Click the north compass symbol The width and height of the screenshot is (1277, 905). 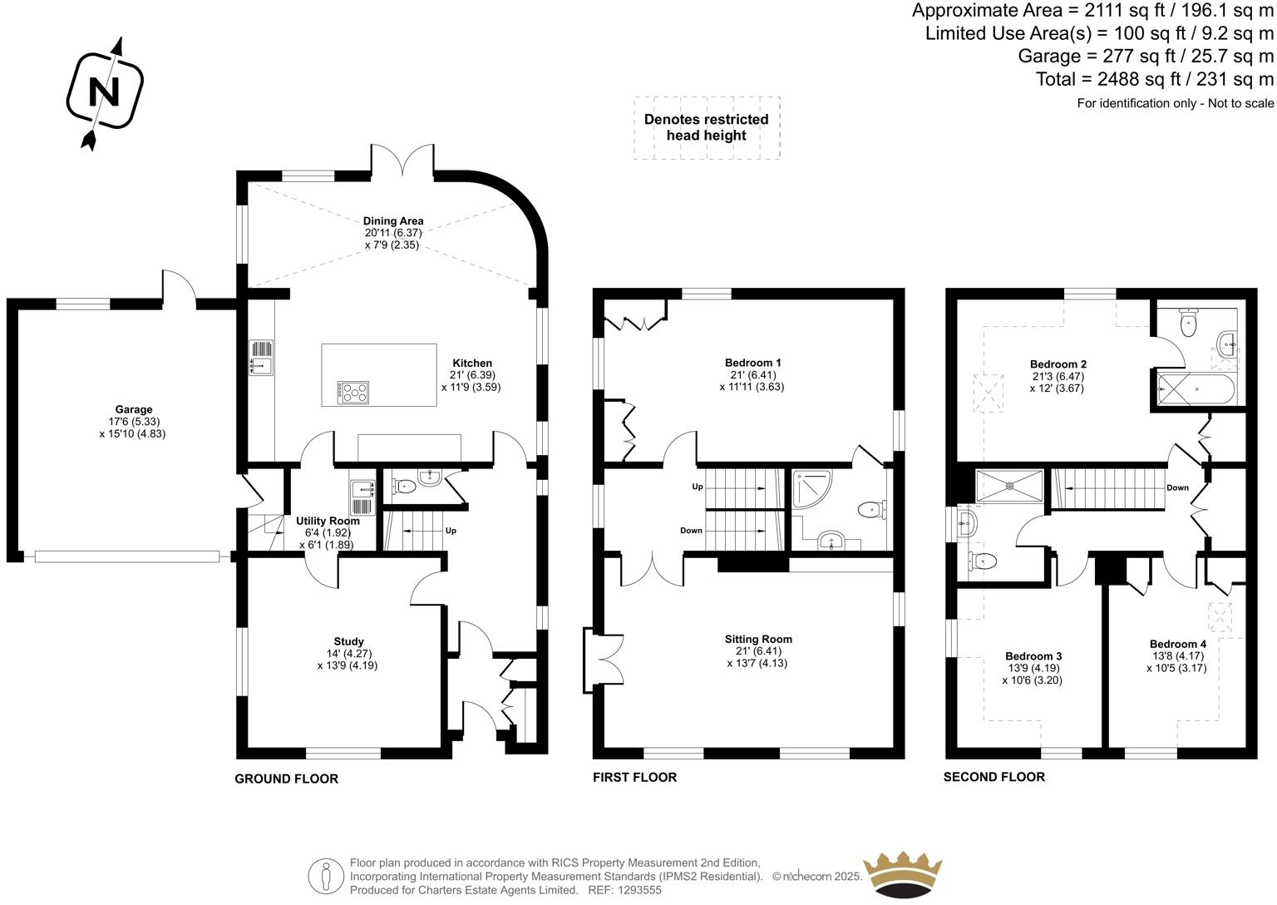(x=105, y=91)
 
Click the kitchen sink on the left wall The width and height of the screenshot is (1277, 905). (x=260, y=357)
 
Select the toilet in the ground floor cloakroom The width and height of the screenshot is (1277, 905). (x=405, y=485)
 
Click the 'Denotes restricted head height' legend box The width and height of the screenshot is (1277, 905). (x=707, y=127)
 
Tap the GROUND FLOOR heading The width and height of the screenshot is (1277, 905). (x=286, y=779)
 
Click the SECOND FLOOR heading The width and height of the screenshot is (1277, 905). (x=993, y=777)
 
